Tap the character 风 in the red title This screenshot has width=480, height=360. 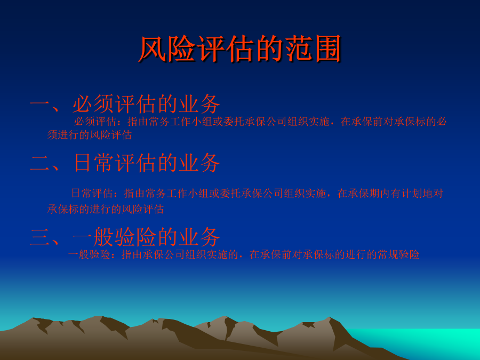pyautogui.click(x=152, y=49)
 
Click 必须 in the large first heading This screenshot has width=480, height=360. pyautogui.click(x=93, y=104)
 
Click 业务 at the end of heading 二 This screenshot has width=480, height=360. pyautogui.click(x=199, y=163)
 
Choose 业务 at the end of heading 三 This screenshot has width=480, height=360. pyautogui.click(x=199, y=237)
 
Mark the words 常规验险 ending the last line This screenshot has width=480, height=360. pyautogui.click(x=398, y=255)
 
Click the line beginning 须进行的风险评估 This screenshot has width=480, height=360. pyautogui.click(x=90, y=135)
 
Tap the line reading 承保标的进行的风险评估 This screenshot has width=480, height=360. pyautogui.click(x=106, y=210)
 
